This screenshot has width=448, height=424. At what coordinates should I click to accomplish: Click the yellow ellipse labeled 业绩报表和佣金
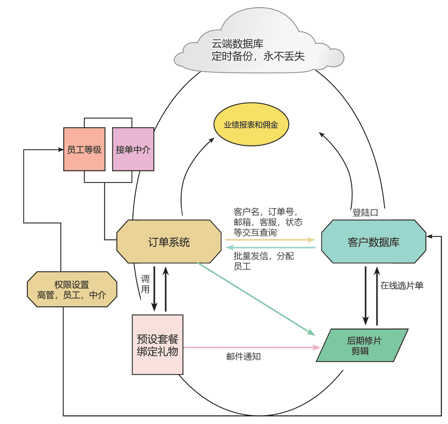click(x=251, y=125)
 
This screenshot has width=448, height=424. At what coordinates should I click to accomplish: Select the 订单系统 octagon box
click(x=169, y=242)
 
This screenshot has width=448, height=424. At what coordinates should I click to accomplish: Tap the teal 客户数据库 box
click(x=373, y=242)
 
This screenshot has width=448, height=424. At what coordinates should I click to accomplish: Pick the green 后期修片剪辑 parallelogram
click(x=362, y=345)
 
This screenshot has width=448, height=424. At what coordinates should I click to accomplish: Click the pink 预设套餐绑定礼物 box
click(x=158, y=345)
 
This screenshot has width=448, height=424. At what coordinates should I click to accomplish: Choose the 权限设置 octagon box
click(x=72, y=290)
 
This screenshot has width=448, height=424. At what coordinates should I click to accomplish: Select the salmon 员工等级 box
click(x=84, y=150)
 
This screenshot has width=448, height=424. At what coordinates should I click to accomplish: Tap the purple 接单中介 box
click(x=133, y=150)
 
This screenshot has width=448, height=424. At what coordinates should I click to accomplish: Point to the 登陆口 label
click(x=365, y=213)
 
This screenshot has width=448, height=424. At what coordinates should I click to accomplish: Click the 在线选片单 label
click(x=401, y=286)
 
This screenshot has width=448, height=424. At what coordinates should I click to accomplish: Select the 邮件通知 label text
click(x=243, y=357)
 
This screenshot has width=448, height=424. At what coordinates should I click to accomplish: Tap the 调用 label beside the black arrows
click(x=145, y=284)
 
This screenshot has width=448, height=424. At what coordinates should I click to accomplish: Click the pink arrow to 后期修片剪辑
click(x=250, y=348)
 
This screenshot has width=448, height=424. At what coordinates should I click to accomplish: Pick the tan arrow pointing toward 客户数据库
click(x=269, y=240)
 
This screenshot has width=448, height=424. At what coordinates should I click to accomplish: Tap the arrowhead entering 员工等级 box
click(x=60, y=150)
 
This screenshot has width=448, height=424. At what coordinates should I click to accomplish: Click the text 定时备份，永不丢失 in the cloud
click(x=258, y=56)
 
